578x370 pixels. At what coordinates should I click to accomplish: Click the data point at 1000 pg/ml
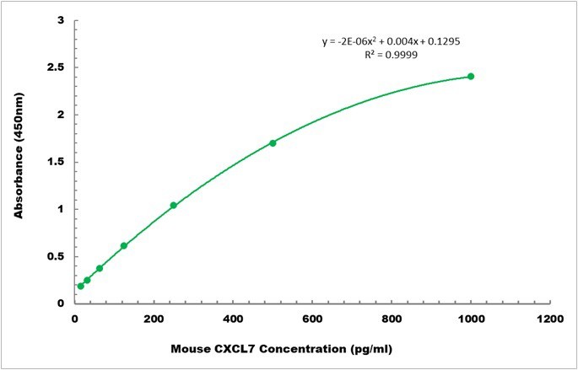(471, 77)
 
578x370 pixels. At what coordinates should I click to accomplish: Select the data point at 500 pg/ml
(273, 143)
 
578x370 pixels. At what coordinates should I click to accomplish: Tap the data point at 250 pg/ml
(174, 206)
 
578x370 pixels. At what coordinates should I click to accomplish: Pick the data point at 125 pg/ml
(124, 246)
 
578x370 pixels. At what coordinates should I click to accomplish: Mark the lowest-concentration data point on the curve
(81, 286)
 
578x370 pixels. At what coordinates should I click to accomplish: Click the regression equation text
(390, 40)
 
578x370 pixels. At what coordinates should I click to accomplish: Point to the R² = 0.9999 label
(390, 54)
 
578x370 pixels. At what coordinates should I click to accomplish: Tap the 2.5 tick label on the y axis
(57, 67)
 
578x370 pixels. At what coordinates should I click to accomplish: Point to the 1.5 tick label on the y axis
(57, 162)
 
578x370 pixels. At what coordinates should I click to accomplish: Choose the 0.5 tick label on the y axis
(57, 257)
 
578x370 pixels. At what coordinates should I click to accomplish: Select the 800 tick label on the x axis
(392, 319)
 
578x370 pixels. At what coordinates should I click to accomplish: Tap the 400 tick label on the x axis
(233, 319)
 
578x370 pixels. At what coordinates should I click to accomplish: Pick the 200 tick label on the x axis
(154, 319)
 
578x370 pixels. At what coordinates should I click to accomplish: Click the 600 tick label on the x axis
(312, 319)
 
